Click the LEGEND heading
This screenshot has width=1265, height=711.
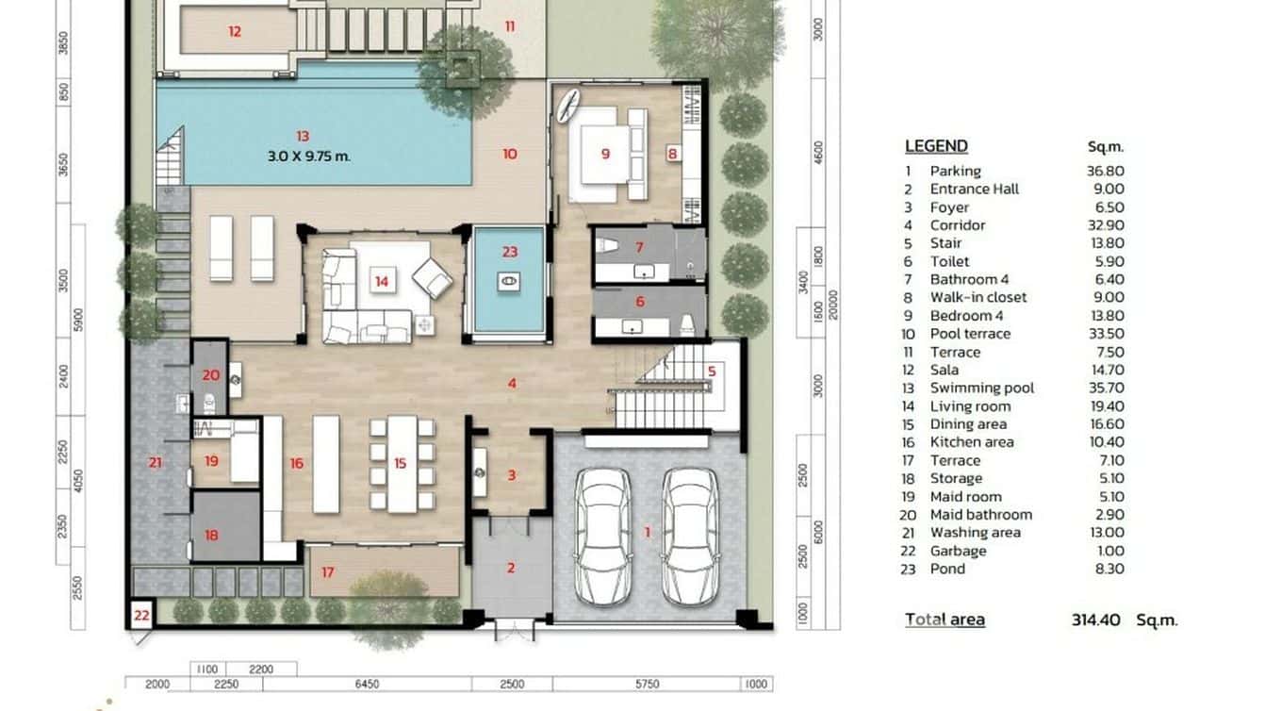(936, 146)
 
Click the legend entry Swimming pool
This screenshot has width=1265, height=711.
(981, 388)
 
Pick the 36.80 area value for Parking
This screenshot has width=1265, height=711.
(1105, 171)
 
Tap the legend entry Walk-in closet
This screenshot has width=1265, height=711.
(977, 297)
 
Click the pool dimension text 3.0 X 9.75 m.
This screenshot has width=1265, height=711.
(308, 156)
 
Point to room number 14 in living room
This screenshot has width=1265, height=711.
(381, 281)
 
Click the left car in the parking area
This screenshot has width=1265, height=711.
(602, 536)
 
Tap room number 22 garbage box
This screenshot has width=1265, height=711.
(141, 615)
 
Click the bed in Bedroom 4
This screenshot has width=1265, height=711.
(603, 155)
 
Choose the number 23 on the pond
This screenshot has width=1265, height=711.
(509, 252)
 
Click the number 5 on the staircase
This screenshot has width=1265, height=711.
(712, 372)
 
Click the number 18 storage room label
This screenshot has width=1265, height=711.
(211, 535)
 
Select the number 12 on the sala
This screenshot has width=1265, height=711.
(234, 31)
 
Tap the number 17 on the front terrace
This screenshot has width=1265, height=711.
(327, 571)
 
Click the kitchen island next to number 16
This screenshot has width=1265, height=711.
(325, 464)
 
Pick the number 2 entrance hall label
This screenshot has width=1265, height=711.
(511, 568)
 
